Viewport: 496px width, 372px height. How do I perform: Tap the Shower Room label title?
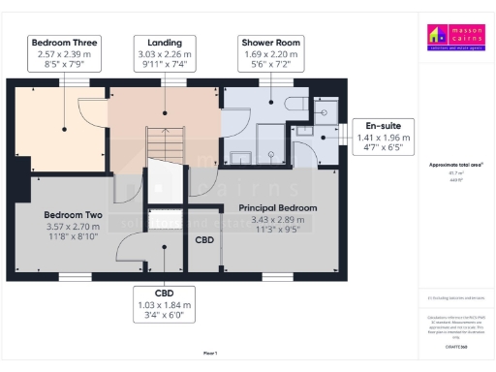click(x=270, y=43)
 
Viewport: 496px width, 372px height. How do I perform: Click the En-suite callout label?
click(x=388, y=126)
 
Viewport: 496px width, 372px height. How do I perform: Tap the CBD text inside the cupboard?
click(x=204, y=239)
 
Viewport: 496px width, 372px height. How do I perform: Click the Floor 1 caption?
click(x=210, y=354)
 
